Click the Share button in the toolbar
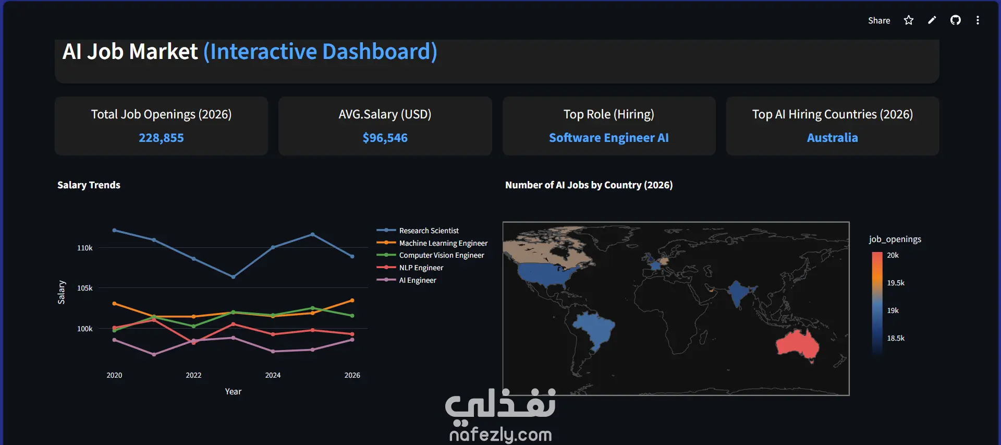pyautogui.click(x=878, y=20)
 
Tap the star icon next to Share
pyautogui.click(x=909, y=20)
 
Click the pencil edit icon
pyautogui.click(x=932, y=20)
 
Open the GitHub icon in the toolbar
pyautogui.click(x=956, y=20)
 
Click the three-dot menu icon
pyautogui.click(x=978, y=20)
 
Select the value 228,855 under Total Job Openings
pyautogui.click(x=161, y=138)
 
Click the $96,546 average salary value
pyautogui.click(x=385, y=138)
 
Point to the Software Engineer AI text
pyautogui.click(x=608, y=138)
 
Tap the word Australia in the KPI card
pyautogui.click(x=833, y=138)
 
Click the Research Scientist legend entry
pyautogui.click(x=429, y=231)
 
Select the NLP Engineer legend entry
pyautogui.click(x=421, y=268)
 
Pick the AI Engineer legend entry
pyautogui.click(x=418, y=280)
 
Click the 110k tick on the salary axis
pyautogui.click(x=85, y=248)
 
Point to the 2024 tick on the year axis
pyautogui.click(x=273, y=375)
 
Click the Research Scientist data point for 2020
pyautogui.click(x=115, y=230)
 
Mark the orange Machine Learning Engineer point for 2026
pyautogui.click(x=352, y=300)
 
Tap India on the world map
pyautogui.click(x=738, y=292)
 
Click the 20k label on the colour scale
pyautogui.click(x=893, y=255)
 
